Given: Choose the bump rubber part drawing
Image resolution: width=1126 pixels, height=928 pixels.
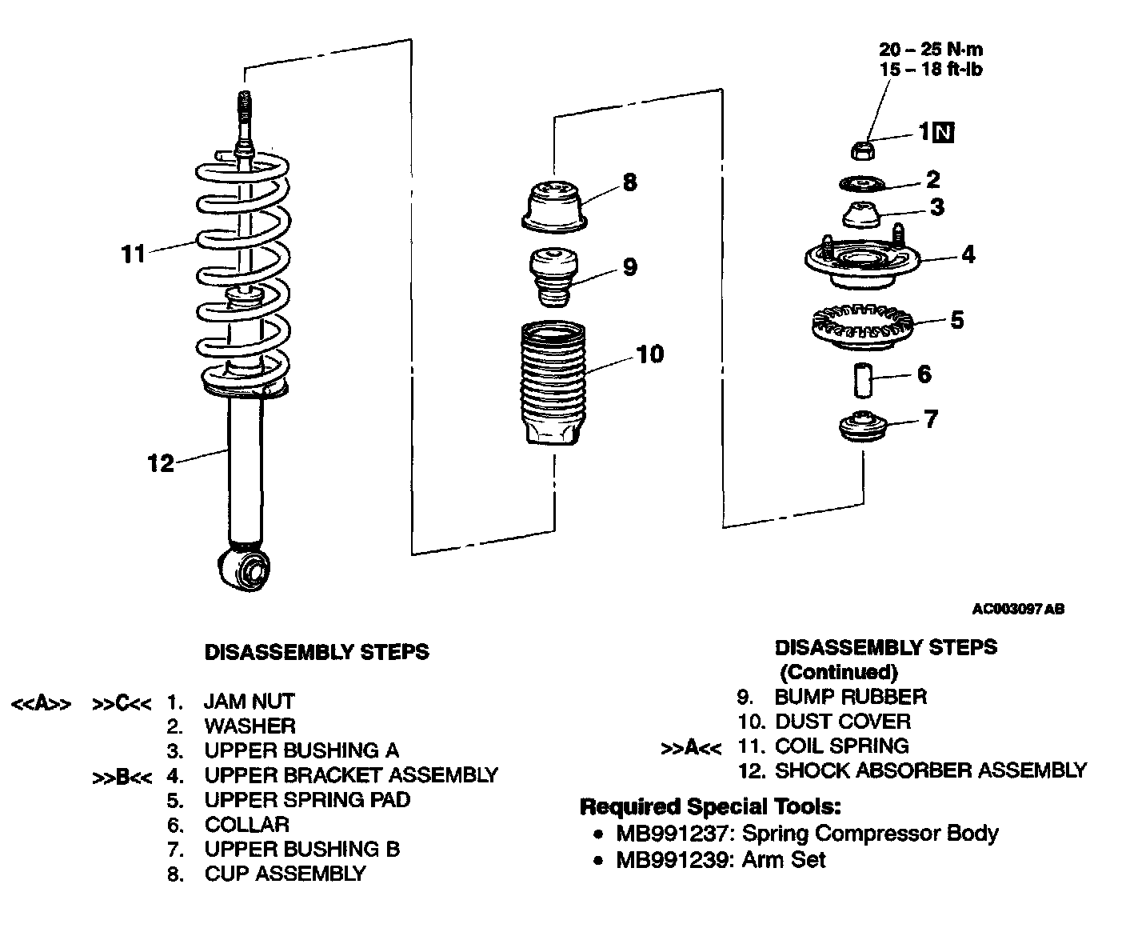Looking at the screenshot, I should pos(552,276).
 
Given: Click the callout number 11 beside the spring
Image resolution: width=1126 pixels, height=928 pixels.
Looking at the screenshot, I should pos(132,254).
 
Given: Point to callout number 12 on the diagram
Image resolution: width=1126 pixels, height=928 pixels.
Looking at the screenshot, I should pos(160,463).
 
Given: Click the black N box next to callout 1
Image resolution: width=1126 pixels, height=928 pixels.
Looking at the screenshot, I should pos(945,132).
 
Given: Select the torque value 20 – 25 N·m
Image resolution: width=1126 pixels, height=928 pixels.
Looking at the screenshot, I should pos(931,50).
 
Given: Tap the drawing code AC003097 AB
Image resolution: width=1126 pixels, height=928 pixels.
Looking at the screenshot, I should pos(1017,610).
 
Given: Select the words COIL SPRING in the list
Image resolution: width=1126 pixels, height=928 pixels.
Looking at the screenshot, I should pos(841,746).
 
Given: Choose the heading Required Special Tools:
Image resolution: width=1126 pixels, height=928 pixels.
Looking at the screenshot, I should pos(709,806).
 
